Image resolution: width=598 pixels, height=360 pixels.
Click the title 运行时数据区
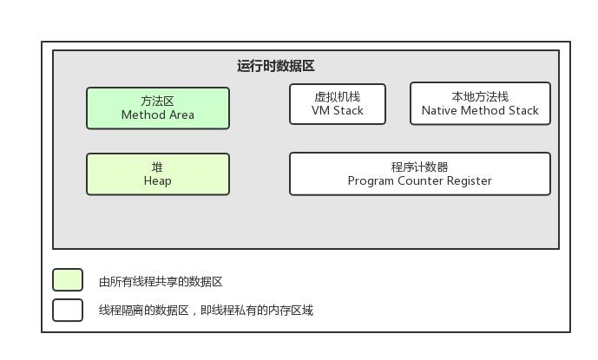(275, 66)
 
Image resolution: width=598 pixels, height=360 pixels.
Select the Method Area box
(157, 108)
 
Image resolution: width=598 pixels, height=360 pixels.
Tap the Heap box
(157, 174)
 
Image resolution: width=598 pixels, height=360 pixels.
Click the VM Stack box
(337, 104)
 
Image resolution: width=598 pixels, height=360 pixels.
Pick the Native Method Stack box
(480, 104)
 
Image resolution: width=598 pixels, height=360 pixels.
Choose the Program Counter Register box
(419, 173)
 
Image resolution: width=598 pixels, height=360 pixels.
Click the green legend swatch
(68, 280)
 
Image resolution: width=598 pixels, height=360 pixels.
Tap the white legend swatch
(68, 310)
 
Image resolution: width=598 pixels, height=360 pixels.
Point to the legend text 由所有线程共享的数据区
(161, 282)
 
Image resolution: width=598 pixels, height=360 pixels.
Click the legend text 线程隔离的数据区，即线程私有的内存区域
(206, 311)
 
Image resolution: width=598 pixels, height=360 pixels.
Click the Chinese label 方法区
(157, 101)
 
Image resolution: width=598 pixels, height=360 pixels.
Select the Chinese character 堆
(157, 167)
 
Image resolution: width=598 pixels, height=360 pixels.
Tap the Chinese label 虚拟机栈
(337, 96)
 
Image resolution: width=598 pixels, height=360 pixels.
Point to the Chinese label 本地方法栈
(480, 96)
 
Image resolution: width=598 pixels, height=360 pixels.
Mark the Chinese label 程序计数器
(419, 167)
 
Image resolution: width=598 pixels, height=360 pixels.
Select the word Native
(440, 111)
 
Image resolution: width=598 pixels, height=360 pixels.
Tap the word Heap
(157, 181)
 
